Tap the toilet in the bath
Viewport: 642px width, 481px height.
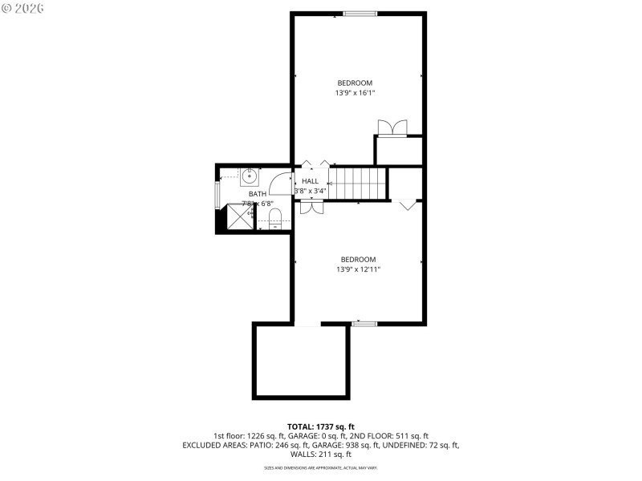click(274, 217)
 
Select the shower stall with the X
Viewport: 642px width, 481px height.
click(238, 217)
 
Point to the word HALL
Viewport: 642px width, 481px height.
click(310, 181)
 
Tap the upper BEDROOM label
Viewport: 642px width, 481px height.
click(355, 83)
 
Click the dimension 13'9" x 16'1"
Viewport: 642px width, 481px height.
click(355, 94)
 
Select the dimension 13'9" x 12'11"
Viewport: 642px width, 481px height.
click(358, 270)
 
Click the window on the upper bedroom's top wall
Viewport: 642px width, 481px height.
click(360, 13)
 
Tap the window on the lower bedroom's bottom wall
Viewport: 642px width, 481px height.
click(364, 324)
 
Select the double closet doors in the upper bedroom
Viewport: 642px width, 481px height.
click(392, 128)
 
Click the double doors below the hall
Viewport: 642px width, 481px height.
click(311, 207)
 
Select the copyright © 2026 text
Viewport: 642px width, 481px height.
click(23, 7)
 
